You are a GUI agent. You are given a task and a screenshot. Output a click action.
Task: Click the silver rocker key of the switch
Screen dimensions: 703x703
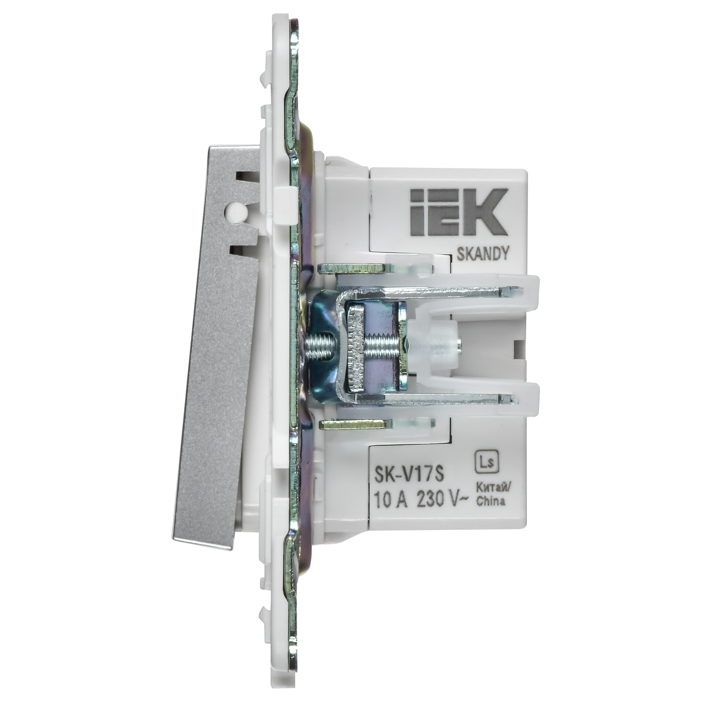(215, 382)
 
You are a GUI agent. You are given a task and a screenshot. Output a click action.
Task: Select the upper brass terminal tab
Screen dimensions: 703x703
(355, 269)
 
